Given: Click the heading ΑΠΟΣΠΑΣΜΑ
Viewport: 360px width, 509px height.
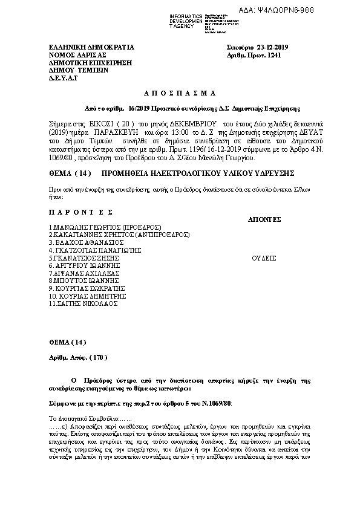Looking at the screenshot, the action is (x=180, y=94).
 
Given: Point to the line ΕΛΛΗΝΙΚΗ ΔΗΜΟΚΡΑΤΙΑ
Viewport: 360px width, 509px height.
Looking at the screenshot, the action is (x=91, y=47).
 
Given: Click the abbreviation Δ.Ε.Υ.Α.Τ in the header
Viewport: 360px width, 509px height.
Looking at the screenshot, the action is (x=64, y=79).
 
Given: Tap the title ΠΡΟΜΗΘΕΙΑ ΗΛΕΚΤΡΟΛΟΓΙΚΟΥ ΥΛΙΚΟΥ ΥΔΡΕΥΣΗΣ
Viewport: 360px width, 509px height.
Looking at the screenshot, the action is (x=198, y=173).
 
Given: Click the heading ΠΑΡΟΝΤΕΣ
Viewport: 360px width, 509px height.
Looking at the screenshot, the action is (x=82, y=213).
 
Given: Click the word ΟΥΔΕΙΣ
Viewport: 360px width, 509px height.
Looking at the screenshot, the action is (x=264, y=258).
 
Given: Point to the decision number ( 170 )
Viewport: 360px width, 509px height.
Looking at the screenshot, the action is (x=97, y=358).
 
